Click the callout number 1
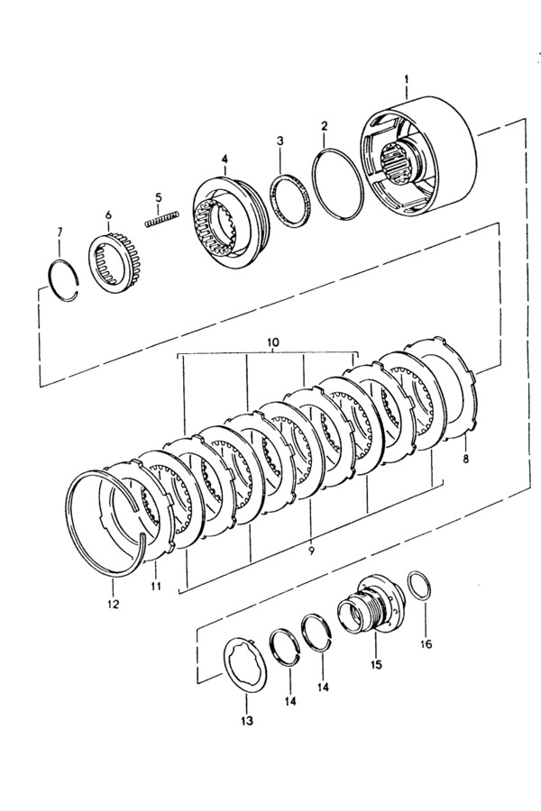tap(407, 79)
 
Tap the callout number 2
tap(324, 125)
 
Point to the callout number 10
tap(273, 342)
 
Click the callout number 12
tap(113, 604)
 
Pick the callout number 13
tap(247, 721)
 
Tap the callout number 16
tap(426, 644)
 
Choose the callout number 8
tap(466, 459)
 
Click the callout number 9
tap(311, 551)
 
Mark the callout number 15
tap(376, 663)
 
